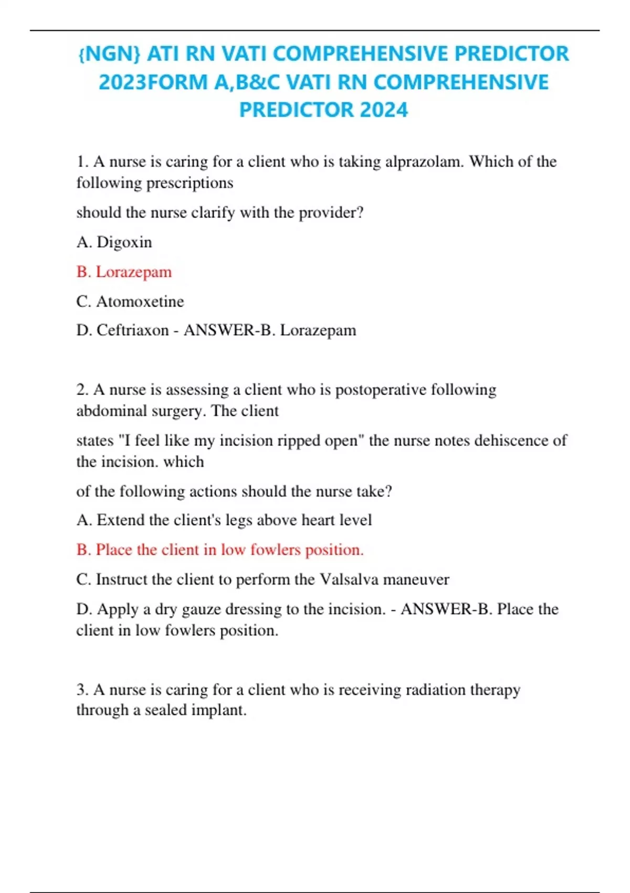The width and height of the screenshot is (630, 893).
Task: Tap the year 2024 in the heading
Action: (384, 110)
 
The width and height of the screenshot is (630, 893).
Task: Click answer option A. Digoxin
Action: (114, 242)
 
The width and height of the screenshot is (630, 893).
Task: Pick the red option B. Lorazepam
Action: (124, 272)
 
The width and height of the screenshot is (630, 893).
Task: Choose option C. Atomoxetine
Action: (130, 302)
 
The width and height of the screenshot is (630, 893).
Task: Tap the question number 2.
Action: (82, 390)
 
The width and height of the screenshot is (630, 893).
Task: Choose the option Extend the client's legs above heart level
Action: (224, 520)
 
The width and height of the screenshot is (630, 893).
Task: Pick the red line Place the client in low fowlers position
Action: (220, 550)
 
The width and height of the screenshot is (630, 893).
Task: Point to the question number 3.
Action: (82, 689)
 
